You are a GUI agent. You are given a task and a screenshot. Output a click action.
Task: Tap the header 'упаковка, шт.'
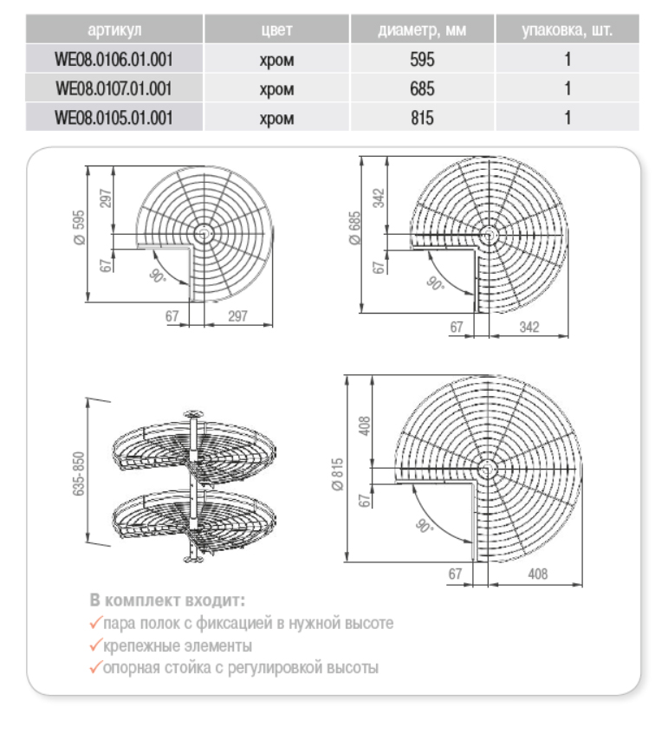(x=567, y=34)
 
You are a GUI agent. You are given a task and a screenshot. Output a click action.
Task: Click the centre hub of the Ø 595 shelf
(x=204, y=232)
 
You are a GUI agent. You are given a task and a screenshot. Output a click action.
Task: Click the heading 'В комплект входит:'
(x=166, y=599)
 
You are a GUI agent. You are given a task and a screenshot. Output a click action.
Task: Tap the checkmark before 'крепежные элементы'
(x=94, y=645)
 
